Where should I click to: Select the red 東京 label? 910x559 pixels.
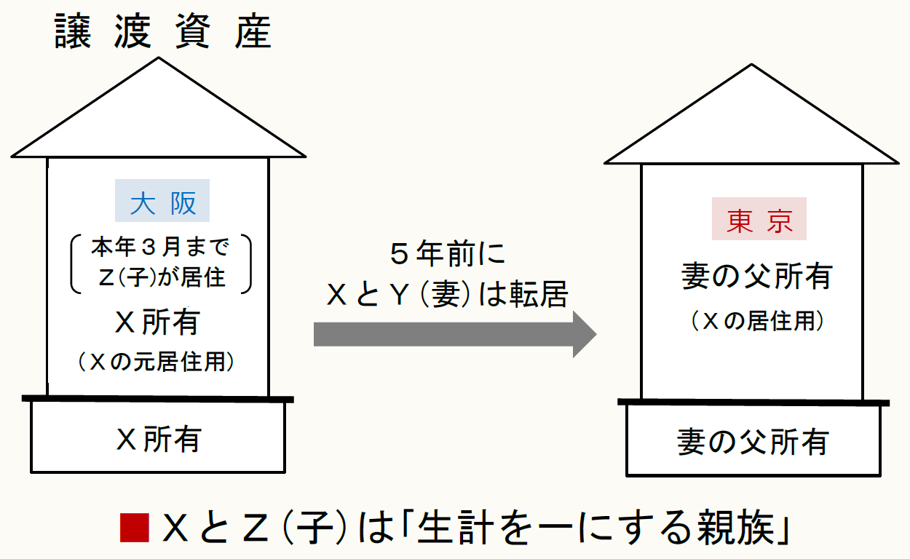pyautogui.click(x=759, y=219)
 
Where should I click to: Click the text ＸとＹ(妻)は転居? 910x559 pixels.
pyautogui.click(x=446, y=295)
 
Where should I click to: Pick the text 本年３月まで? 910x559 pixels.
pyautogui.click(x=160, y=248)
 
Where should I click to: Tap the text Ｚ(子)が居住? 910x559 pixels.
pyautogui.click(x=161, y=277)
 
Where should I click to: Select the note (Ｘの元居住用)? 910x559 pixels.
pyautogui.click(x=158, y=362)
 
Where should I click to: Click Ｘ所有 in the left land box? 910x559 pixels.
pyautogui.click(x=158, y=439)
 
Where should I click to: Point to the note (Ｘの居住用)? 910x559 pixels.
pyautogui.click(x=756, y=321)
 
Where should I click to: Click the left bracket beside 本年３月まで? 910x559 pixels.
pyautogui.click(x=76, y=263)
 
